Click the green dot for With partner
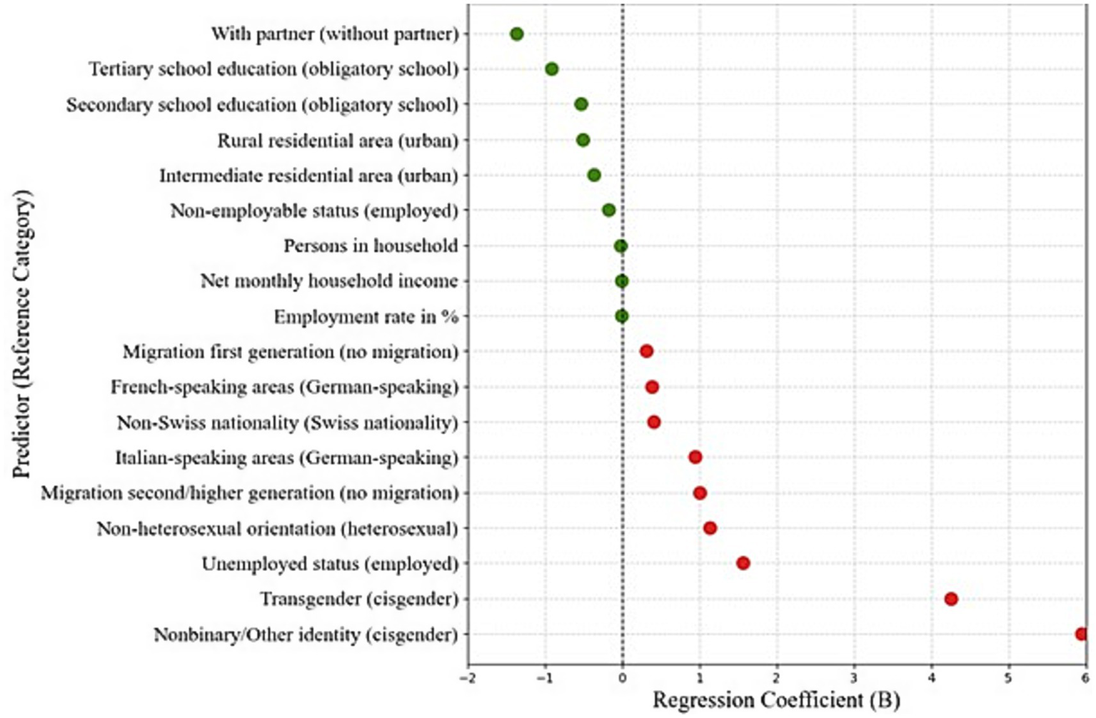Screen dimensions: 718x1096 coord(517,34)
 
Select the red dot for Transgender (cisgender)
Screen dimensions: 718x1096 coord(950,599)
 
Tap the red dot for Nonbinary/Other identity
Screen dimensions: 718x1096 coord(1081,634)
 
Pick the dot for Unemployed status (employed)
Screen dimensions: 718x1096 coord(743,563)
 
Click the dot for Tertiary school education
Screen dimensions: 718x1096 coord(551,69)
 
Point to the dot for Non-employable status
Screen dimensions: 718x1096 coord(608,210)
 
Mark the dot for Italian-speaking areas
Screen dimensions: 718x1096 coord(695,457)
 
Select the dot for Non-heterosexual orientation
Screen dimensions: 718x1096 coord(709,528)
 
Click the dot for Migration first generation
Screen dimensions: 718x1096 coord(646,351)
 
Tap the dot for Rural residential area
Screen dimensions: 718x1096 coord(583,140)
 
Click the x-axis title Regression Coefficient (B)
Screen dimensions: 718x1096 coord(776,700)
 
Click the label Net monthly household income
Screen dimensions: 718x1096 coord(329,280)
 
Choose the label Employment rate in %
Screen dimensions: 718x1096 coord(366,316)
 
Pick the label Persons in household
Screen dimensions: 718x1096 coord(371,246)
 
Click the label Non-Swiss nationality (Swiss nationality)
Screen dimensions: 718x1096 coord(287,423)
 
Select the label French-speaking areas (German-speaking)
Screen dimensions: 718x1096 coord(284,387)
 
